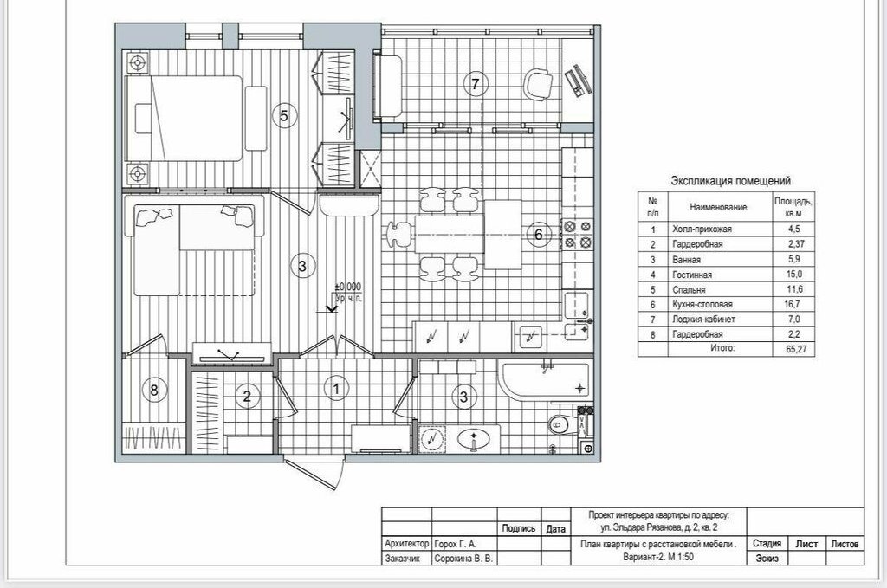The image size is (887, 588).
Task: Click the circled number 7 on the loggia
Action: pyautogui.click(x=476, y=84)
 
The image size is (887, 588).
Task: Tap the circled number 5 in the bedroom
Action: pyautogui.click(x=284, y=116)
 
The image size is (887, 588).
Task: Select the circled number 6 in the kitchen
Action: pyautogui.click(x=538, y=234)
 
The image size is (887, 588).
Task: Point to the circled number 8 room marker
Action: pyautogui.click(x=154, y=390)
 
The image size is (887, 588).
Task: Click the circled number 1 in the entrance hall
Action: pyautogui.click(x=337, y=389)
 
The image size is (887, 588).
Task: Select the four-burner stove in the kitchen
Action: pyautogui.click(x=578, y=235)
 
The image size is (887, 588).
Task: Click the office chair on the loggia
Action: pyautogui.click(x=537, y=85)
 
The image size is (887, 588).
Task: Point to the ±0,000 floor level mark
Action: pyautogui.click(x=348, y=288)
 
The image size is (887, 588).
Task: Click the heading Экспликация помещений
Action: pyautogui.click(x=730, y=181)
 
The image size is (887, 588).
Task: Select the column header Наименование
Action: pyautogui.click(x=718, y=208)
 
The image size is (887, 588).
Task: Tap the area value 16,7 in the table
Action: pyautogui.click(x=793, y=304)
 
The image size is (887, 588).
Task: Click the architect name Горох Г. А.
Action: pyautogui.click(x=456, y=544)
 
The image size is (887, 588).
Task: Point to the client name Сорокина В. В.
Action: pyautogui.click(x=464, y=559)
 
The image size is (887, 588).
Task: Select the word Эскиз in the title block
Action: pyautogui.click(x=767, y=559)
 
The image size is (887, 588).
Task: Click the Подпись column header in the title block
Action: pyautogui.click(x=519, y=528)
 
